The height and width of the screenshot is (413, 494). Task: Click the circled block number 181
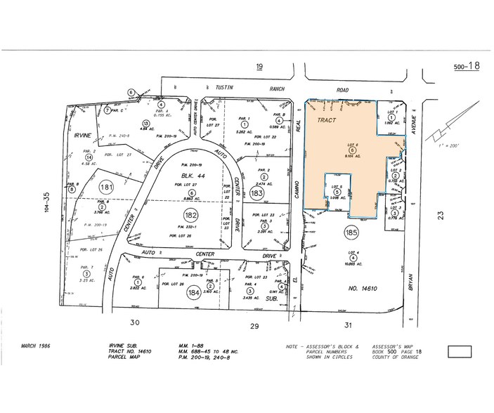107,187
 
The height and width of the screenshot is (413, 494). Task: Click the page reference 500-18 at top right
467,66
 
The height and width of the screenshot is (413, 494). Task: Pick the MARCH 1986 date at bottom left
37,346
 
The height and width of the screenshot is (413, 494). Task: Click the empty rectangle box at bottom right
460,352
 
